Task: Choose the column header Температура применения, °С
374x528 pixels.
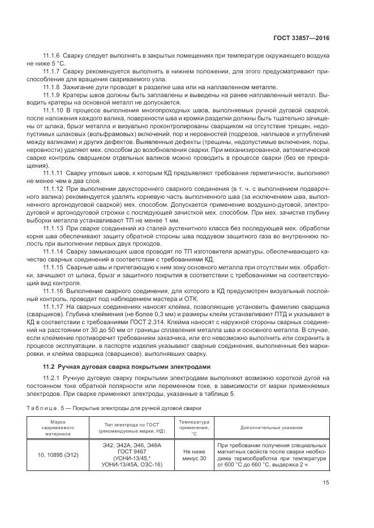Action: coord(194,428)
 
